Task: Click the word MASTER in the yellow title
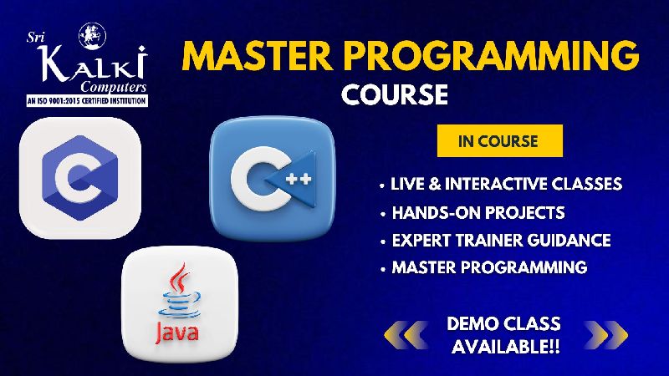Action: coord(257,56)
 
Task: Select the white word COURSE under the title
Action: coord(395,94)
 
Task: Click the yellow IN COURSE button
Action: coord(499,140)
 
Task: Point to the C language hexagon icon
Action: coord(79,178)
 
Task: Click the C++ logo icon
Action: coord(272,179)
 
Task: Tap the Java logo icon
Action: coord(180,304)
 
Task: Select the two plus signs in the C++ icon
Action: coord(299,179)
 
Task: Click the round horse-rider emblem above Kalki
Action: coord(92,36)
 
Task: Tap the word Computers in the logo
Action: coord(114,88)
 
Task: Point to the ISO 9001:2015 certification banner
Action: coord(87,101)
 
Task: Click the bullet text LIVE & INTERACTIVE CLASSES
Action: coord(506,184)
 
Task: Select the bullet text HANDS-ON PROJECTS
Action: coord(478,213)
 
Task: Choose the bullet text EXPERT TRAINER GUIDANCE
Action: coord(501,241)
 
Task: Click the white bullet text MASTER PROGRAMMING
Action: coord(489,267)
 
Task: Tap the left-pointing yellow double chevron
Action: coord(406,335)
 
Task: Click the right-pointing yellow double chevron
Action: coord(605,335)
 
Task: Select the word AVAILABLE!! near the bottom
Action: coord(506,346)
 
